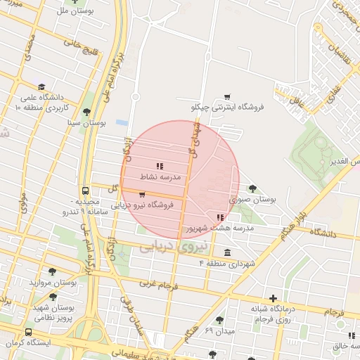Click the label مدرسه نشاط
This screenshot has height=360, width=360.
161,177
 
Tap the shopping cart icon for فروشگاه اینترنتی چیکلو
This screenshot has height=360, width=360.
226,97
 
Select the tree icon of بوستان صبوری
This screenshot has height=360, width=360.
253,188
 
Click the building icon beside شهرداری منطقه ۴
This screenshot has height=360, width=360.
226,253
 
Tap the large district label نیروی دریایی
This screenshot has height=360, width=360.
172,247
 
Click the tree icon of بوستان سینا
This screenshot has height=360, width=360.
86,112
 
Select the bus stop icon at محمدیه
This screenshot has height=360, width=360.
85,191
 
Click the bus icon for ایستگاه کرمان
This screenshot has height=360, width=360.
28,333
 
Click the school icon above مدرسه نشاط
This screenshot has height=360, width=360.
160,167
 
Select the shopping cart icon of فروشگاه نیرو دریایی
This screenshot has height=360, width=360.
142,195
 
